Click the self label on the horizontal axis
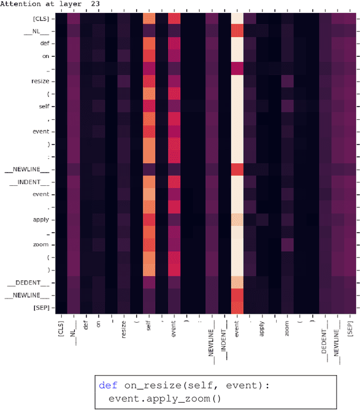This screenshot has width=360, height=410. coord(149,326)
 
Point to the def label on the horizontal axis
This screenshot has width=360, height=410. coord(86,324)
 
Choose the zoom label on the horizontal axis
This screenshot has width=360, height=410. coord(287,327)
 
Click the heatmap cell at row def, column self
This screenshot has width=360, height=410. coord(148,43)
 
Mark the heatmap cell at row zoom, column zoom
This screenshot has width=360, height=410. coord(287,244)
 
